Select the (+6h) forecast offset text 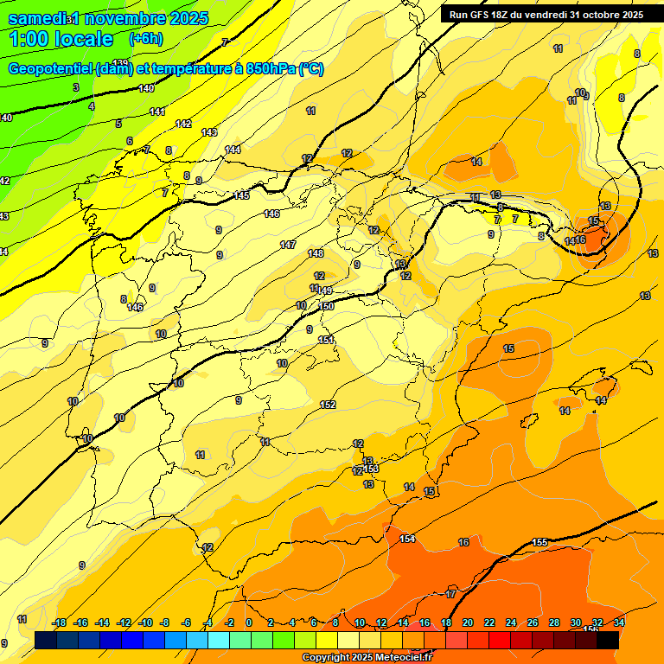tap(146, 39)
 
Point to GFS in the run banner tap(481, 15)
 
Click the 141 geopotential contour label tap(157, 112)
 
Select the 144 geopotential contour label tap(233, 150)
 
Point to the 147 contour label tap(288, 245)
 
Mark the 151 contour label tap(326, 340)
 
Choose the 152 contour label tap(328, 405)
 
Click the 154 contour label tap(407, 539)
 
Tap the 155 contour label tap(539, 542)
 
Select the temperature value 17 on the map tap(450, 594)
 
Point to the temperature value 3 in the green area tap(76, 87)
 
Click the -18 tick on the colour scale tap(60, 622)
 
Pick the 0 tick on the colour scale tap(249, 622)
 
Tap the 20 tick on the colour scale tap(468, 622)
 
